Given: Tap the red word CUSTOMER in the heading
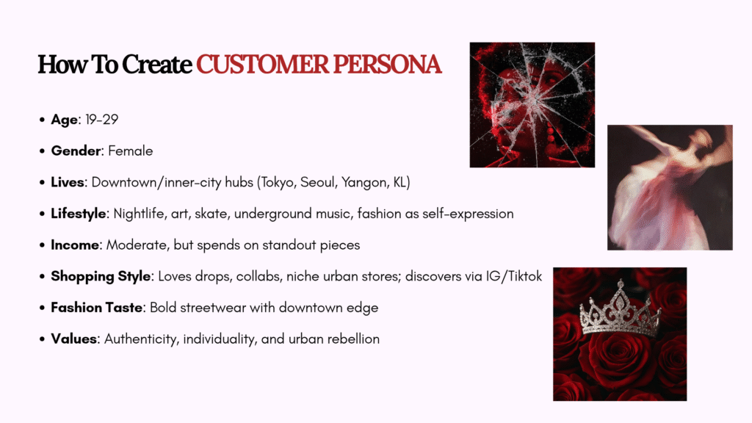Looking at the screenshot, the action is (x=262, y=65).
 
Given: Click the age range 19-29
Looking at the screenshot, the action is (x=101, y=120).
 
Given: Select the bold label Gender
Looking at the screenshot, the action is (x=76, y=151).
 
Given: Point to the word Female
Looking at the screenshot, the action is (x=131, y=151).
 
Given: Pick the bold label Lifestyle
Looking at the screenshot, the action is (x=79, y=214).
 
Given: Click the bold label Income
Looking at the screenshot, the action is (x=75, y=245).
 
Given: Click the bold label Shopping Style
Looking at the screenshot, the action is (x=101, y=276).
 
